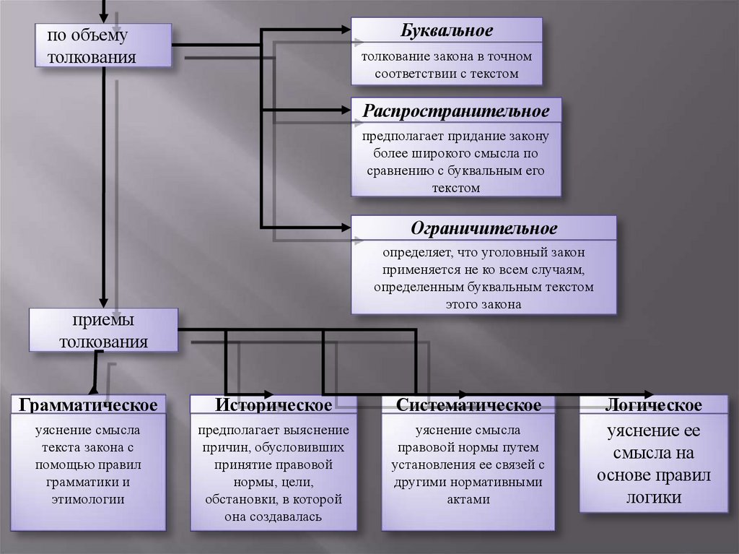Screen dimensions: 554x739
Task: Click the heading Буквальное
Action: click(x=447, y=30)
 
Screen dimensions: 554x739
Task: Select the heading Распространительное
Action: click(x=456, y=112)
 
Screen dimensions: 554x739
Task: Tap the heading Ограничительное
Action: click(x=484, y=228)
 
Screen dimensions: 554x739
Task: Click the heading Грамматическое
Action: click(x=89, y=405)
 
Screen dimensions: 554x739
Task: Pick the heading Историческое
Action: click(x=273, y=405)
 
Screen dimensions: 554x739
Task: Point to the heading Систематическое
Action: click(x=468, y=405)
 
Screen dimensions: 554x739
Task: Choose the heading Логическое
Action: click(x=654, y=405)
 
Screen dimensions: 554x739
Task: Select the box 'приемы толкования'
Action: click(x=104, y=331)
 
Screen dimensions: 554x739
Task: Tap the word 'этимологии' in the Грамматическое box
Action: click(x=89, y=499)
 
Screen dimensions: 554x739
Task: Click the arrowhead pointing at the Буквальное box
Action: click(x=344, y=30)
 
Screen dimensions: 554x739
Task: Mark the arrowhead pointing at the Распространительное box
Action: click(x=344, y=111)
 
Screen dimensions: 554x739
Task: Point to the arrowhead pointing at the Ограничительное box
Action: click(x=344, y=227)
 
